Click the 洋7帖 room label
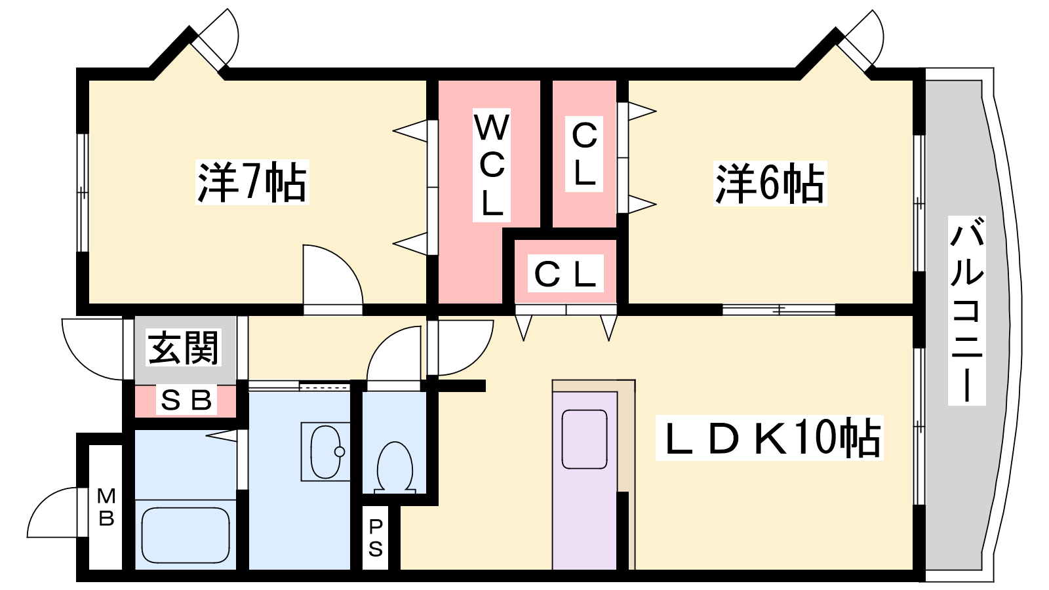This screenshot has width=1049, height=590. (x=252, y=182)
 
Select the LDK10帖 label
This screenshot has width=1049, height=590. (x=770, y=437)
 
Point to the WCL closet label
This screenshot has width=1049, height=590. (x=492, y=165)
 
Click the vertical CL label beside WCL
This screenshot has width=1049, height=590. (x=584, y=154)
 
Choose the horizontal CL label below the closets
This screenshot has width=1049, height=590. (x=565, y=274)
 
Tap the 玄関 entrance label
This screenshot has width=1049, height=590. (x=184, y=347)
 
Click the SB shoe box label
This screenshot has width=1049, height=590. (x=186, y=400)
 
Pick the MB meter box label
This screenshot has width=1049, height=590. (x=106, y=507)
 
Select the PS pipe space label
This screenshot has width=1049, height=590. (x=376, y=538)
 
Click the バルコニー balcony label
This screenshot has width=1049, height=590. (x=966, y=309)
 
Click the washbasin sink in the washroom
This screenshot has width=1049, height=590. (x=326, y=452)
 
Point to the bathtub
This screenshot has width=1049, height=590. (x=186, y=535)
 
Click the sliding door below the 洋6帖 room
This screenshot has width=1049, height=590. (x=779, y=309)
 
